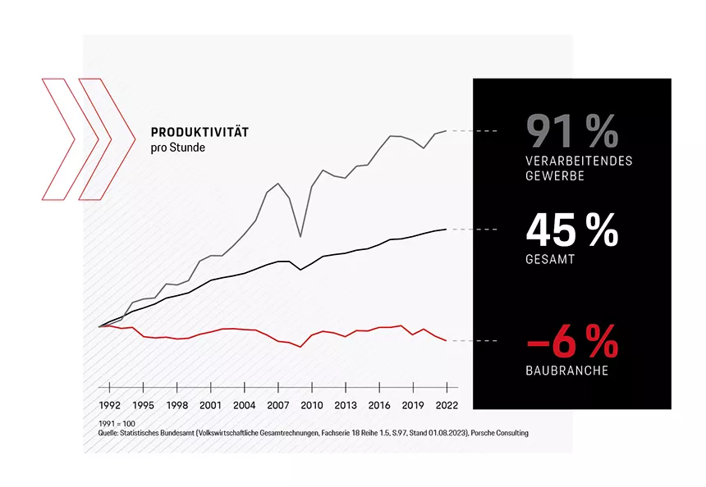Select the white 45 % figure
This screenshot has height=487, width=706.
(x=571, y=231)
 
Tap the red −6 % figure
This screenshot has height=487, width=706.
(x=571, y=340)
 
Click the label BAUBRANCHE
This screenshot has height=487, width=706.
(x=566, y=371)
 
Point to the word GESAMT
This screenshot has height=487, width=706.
(x=549, y=259)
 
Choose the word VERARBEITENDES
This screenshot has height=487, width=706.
(x=579, y=161)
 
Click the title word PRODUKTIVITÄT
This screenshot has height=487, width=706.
(x=199, y=131)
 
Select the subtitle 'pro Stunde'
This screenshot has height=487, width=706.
(x=178, y=148)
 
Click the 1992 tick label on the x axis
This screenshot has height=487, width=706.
(x=110, y=405)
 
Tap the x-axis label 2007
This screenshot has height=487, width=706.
(x=278, y=405)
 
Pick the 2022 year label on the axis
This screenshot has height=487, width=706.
(x=446, y=405)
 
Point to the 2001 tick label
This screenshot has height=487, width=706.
(x=211, y=405)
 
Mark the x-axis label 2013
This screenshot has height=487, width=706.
(x=345, y=405)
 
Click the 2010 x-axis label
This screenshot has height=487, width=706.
(x=311, y=405)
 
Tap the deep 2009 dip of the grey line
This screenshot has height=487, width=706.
(x=300, y=237)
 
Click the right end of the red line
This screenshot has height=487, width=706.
(x=446, y=340)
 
